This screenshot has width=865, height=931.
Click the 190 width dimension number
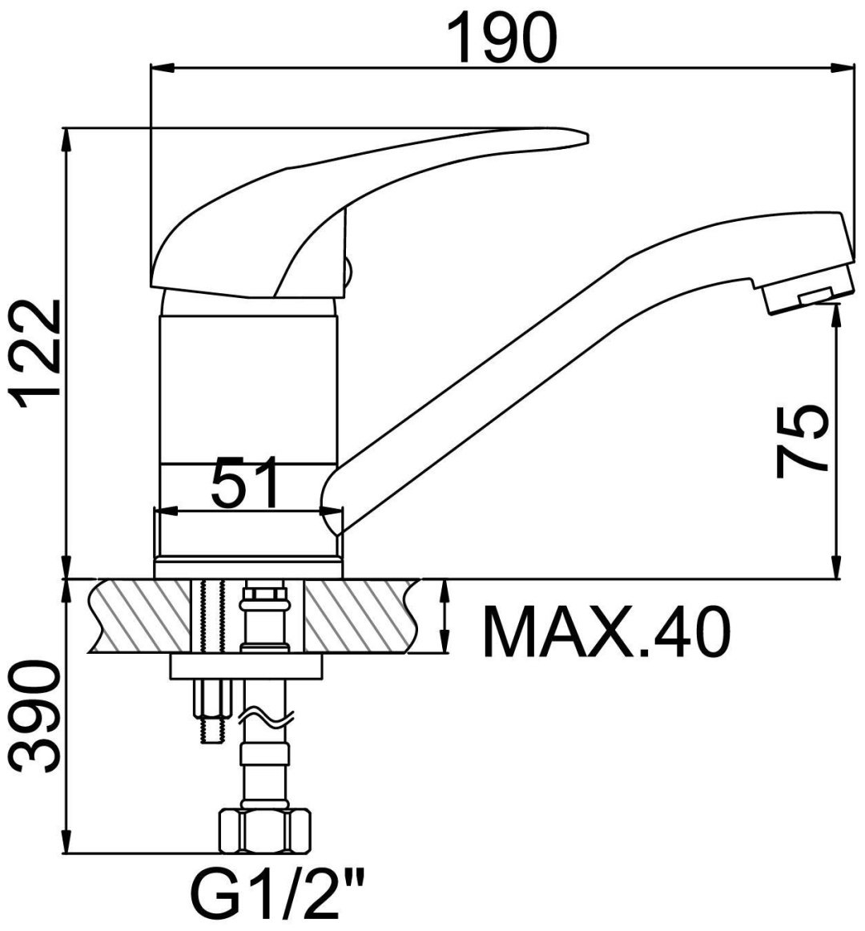coord(501,37)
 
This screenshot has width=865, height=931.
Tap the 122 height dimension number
coord(38,355)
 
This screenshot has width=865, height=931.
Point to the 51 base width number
coord(245,482)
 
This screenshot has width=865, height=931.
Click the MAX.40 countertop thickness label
coord(606,631)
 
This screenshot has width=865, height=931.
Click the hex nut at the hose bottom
coord(265,832)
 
